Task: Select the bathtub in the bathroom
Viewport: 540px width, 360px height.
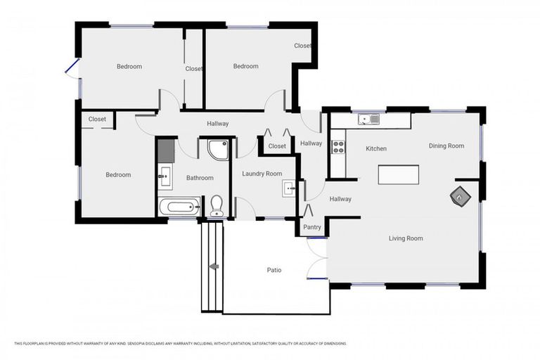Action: tap(179, 207)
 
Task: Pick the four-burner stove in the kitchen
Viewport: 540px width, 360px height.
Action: tap(338, 147)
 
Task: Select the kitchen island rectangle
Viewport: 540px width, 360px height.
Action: tap(398, 174)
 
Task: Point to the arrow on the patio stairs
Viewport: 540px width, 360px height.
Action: tap(213, 266)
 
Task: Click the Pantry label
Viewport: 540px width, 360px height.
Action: tap(312, 227)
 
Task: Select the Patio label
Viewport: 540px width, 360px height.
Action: tap(274, 269)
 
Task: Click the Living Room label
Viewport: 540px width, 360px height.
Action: tap(406, 238)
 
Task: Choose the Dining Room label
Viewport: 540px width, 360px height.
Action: tap(446, 146)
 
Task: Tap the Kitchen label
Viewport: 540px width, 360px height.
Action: tap(376, 148)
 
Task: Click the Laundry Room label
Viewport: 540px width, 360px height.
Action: tap(262, 174)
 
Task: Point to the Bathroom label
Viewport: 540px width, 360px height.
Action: tap(200, 178)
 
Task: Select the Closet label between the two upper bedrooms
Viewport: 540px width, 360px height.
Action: tap(194, 69)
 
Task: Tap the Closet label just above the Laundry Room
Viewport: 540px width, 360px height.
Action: tap(277, 146)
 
